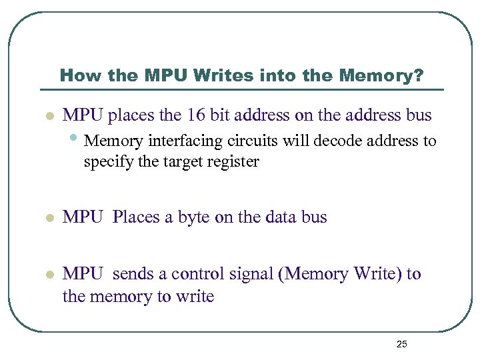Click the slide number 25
401,344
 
